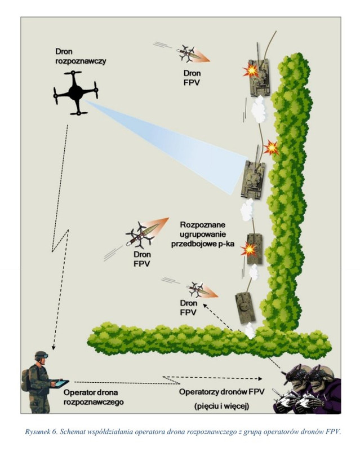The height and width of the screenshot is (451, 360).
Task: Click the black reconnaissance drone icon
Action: click(75, 92)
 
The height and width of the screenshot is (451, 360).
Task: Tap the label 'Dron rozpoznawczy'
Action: click(81, 56)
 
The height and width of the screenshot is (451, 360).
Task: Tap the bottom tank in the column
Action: click(245, 307)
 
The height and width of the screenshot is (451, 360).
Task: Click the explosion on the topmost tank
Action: click(251, 70)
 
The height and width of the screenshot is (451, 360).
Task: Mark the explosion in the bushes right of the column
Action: click(271, 147)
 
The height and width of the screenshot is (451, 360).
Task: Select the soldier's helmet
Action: click(41, 356)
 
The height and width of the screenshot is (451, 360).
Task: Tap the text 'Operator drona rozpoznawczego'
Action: click(94, 397)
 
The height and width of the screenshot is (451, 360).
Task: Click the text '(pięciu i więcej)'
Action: click(221, 406)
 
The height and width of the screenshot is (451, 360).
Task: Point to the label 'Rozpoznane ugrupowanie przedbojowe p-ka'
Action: click(203, 234)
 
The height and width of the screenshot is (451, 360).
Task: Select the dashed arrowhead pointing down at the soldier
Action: click(53, 347)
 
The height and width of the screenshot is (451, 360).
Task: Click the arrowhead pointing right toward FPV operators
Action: click(260, 378)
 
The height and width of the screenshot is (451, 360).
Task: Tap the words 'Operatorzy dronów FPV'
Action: click(221, 392)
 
